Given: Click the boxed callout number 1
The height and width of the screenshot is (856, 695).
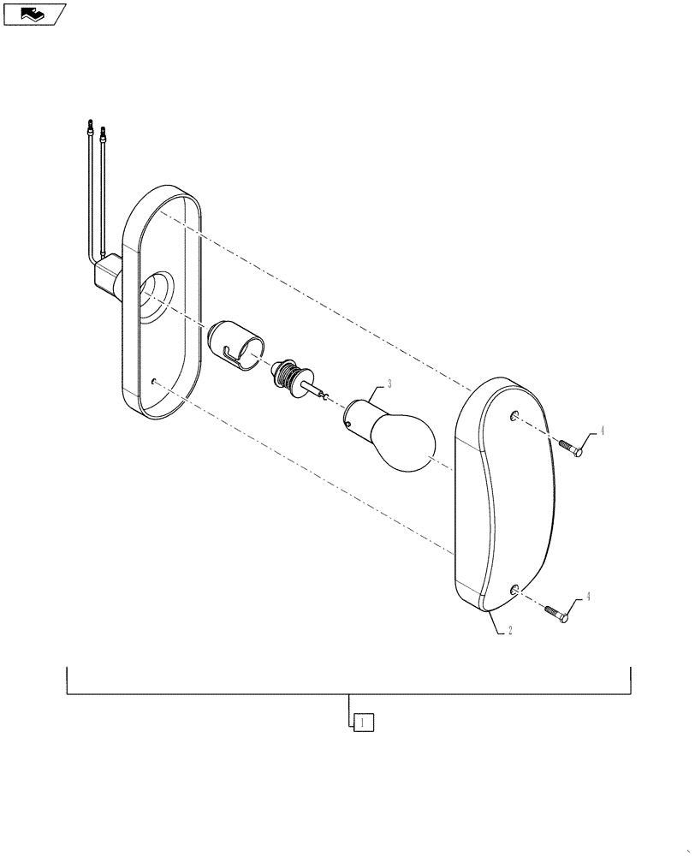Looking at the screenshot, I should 364,722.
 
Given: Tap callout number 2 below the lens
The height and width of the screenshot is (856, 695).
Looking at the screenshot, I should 510,631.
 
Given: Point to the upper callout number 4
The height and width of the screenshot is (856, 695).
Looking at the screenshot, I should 602,431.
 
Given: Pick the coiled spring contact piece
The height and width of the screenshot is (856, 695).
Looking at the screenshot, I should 290,377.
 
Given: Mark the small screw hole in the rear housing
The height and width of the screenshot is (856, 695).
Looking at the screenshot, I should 151,382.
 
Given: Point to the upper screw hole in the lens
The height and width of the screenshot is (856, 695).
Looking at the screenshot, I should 514,416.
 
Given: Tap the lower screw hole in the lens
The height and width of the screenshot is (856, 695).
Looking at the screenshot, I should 514,589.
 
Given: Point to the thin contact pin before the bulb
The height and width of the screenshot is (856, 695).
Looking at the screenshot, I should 320,394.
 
